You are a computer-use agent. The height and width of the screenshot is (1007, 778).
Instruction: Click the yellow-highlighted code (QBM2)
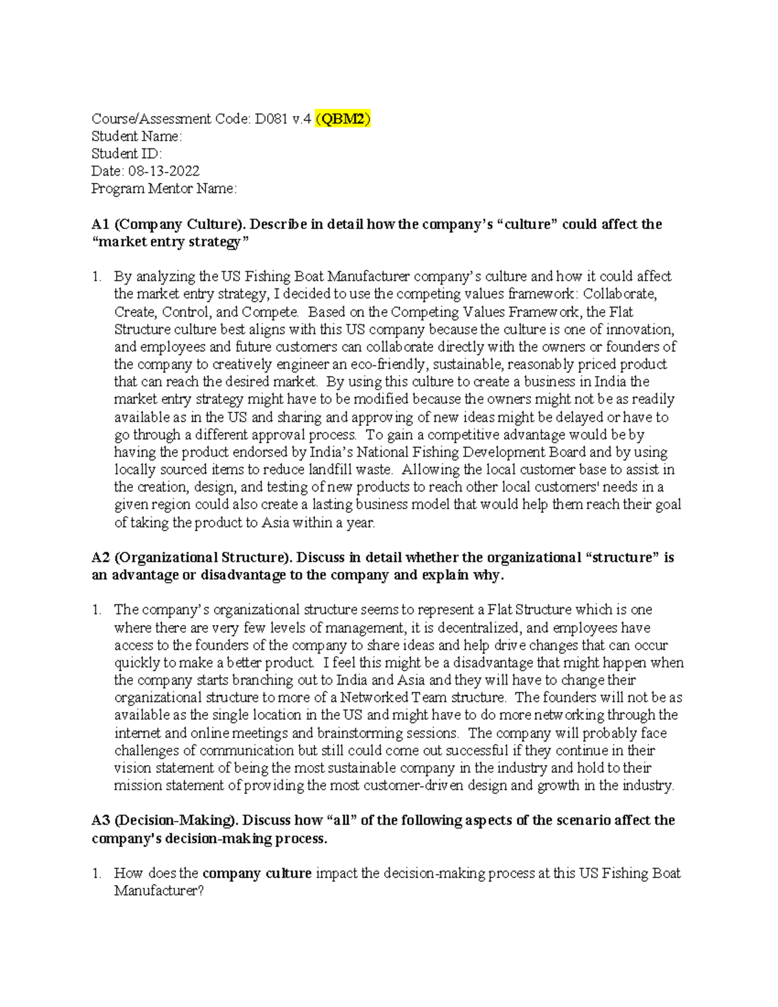pyautogui.click(x=343, y=119)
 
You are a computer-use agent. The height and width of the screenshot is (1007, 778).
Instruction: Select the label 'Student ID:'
pyautogui.click(x=126, y=154)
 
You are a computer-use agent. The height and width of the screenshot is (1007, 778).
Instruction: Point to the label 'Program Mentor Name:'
pyautogui.click(x=164, y=189)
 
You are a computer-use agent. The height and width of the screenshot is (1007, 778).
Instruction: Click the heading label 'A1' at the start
pyautogui.click(x=100, y=224)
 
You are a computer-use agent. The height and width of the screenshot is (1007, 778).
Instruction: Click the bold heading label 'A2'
pyautogui.click(x=100, y=558)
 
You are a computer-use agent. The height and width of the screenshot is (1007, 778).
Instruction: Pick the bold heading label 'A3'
pyautogui.click(x=100, y=820)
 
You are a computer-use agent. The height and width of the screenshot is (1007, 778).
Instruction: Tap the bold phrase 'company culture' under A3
pyautogui.click(x=257, y=873)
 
